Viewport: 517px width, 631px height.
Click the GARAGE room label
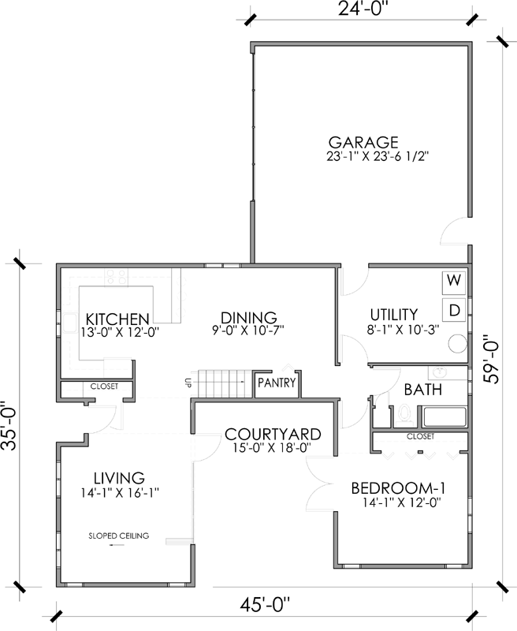363,142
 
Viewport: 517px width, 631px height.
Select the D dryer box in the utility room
453,310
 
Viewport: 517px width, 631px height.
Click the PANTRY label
277,384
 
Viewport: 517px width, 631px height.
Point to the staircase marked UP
224,383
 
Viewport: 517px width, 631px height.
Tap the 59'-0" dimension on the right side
493,360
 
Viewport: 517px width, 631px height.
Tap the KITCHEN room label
117,319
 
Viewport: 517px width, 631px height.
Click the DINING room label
248,316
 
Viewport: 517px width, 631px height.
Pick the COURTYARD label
272,434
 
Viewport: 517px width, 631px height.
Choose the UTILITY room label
393,313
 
